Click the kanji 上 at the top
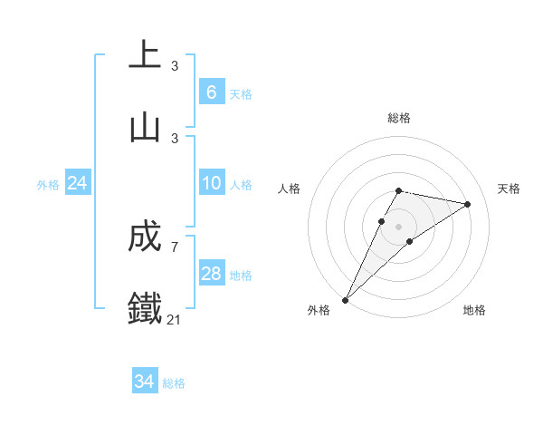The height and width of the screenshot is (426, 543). (145, 55)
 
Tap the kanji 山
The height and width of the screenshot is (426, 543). (145, 128)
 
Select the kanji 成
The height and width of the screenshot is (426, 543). (145, 237)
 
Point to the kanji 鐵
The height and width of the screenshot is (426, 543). (145, 309)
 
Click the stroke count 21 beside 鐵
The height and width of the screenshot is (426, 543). (175, 320)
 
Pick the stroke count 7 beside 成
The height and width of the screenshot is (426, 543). (175, 247)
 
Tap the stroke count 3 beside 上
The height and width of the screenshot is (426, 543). (175, 65)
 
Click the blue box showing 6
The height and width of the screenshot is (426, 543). (211, 92)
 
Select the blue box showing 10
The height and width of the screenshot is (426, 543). (211, 183)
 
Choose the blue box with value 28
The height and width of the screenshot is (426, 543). (211, 274)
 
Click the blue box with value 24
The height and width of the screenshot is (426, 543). (78, 184)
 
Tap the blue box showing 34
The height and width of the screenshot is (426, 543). (145, 382)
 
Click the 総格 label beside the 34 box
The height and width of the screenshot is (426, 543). (174, 383)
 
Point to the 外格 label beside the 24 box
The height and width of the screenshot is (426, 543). (48, 185)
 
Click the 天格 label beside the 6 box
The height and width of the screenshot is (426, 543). (240, 93)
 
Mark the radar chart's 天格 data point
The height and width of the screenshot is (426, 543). (468, 205)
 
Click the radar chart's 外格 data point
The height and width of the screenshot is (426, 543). (346, 299)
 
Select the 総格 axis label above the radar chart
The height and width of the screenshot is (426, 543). (398, 118)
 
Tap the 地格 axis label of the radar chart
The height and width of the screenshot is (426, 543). (474, 311)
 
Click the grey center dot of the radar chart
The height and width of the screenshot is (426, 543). (398, 227)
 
